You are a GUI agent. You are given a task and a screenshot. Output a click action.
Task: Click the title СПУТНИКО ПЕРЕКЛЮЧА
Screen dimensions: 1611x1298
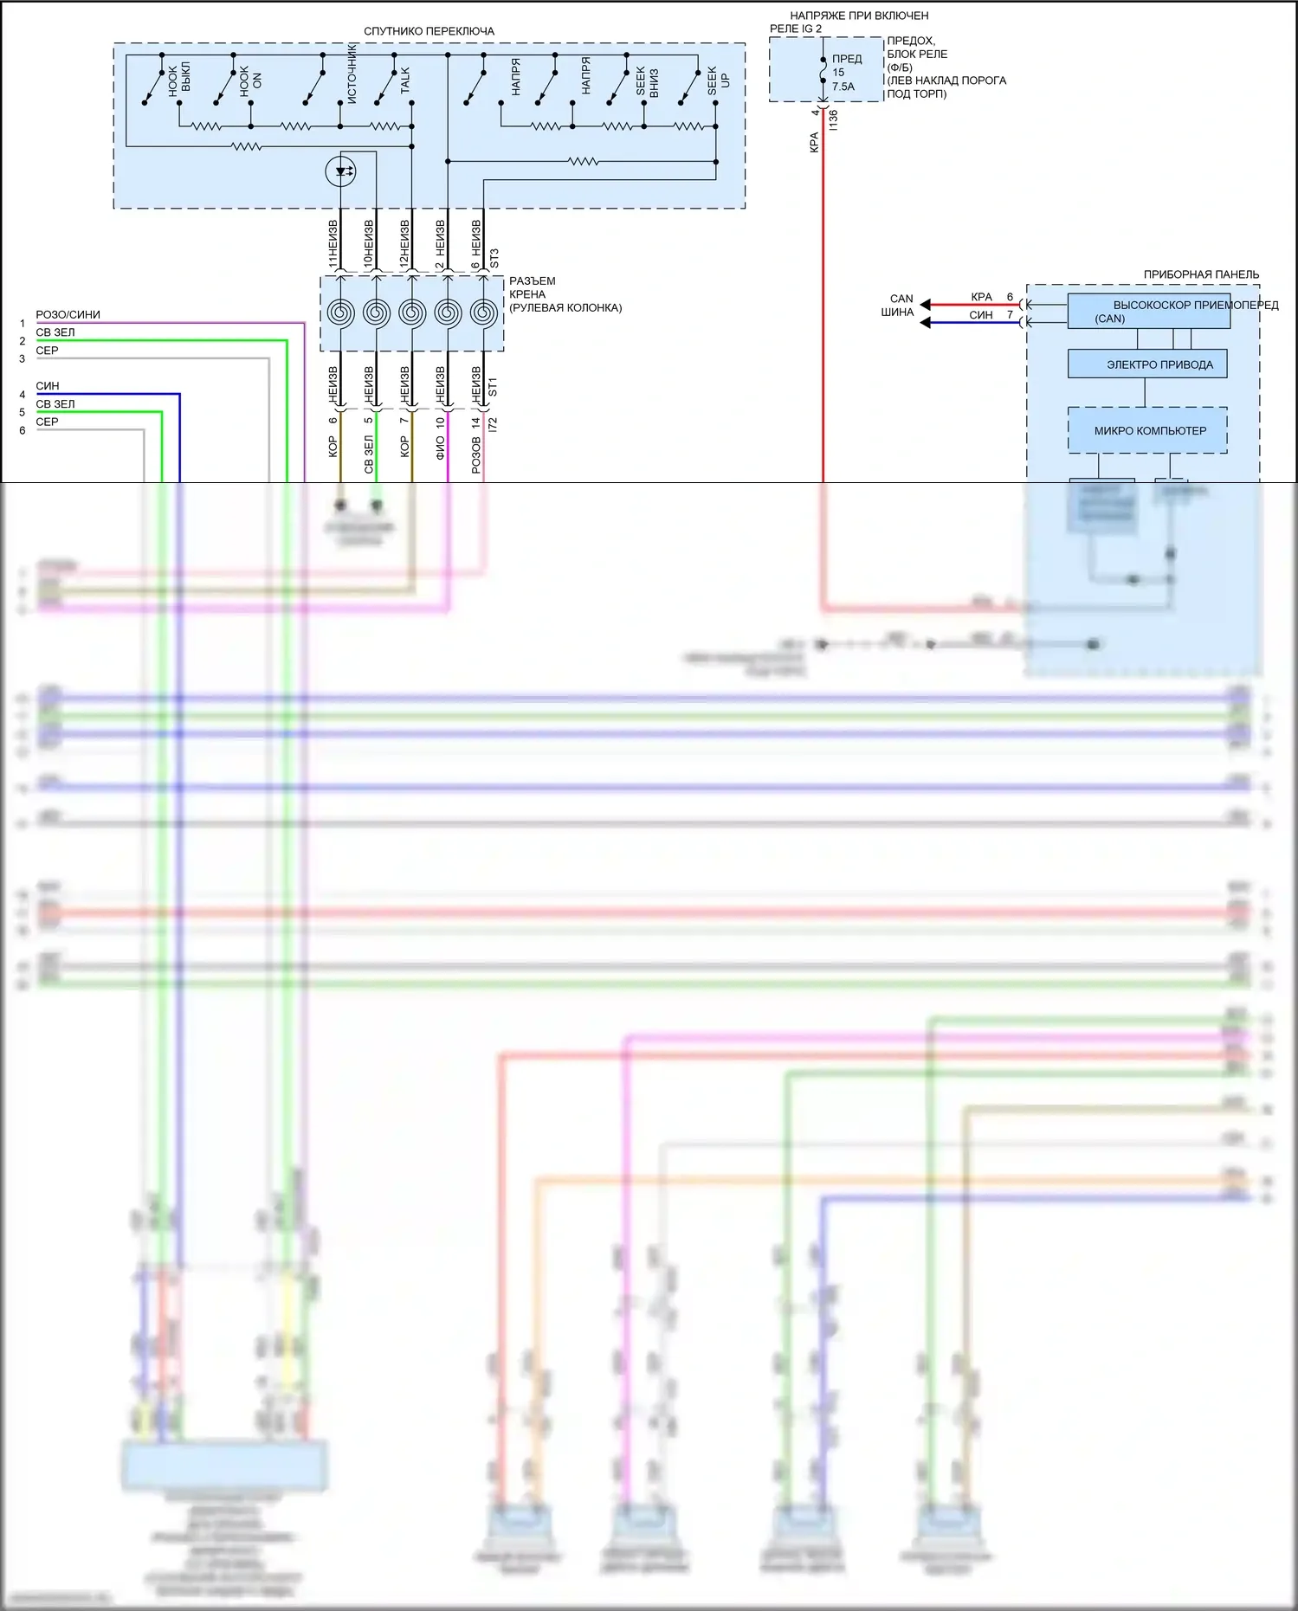pos(429,31)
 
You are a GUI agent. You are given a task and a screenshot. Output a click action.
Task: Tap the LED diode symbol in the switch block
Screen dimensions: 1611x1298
pos(340,171)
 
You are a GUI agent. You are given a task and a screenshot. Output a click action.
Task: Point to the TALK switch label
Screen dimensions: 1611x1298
pos(404,81)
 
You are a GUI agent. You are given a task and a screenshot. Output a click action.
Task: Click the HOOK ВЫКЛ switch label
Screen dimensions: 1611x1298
pos(179,79)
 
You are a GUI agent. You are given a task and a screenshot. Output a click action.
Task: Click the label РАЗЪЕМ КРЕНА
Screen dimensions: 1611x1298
pos(532,287)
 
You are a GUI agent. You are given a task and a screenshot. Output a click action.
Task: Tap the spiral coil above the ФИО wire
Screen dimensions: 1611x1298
pos(448,313)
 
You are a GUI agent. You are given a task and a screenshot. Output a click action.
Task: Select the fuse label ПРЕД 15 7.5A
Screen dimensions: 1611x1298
pos(846,73)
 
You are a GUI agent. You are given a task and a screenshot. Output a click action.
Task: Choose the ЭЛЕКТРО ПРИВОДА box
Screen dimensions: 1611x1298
pos(1147,364)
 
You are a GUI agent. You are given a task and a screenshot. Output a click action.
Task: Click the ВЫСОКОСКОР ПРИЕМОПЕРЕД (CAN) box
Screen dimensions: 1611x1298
pos(1148,312)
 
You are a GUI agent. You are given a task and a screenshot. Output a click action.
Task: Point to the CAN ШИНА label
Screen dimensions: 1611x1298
pos(899,305)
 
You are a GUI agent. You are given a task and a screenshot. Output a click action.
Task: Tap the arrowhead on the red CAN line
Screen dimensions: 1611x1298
pos(925,305)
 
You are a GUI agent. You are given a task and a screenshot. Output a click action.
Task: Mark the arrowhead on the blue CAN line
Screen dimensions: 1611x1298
pos(925,323)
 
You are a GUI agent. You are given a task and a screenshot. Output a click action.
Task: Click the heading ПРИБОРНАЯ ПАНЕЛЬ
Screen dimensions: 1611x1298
pos(1201,274)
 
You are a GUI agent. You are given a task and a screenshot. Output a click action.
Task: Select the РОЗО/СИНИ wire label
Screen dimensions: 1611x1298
pos(68,314)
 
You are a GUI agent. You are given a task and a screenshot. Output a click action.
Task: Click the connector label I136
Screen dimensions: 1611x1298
pos(833,119)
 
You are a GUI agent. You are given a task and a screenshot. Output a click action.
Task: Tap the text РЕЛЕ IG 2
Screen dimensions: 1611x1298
pos(795,29)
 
